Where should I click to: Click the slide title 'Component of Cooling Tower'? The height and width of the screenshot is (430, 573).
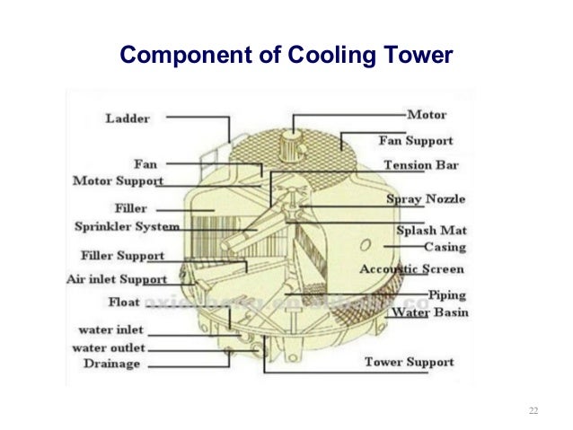(286, 57)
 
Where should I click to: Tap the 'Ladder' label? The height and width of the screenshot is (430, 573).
(127, 118)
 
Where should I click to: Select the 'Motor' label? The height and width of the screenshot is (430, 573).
(427, 115)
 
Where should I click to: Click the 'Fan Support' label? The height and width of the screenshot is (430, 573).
(415, 141)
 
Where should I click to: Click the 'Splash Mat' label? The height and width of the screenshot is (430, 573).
(431, 230)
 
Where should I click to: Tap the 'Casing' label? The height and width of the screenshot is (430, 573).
(444, 246)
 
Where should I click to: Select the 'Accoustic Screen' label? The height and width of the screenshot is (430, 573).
(411, 269)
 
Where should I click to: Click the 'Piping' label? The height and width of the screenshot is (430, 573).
(445, 294)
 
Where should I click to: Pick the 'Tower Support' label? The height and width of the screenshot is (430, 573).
(409, 363)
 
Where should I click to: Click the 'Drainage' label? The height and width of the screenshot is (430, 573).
(111, 364)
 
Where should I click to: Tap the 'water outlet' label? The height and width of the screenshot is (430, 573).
(109, 347)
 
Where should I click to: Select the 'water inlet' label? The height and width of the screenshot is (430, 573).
(110, 329)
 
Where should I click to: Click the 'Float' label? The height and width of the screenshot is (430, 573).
(124, 302)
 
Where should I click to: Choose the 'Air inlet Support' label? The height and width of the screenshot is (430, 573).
(117, 279)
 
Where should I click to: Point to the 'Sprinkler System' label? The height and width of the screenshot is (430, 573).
(127, 227)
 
